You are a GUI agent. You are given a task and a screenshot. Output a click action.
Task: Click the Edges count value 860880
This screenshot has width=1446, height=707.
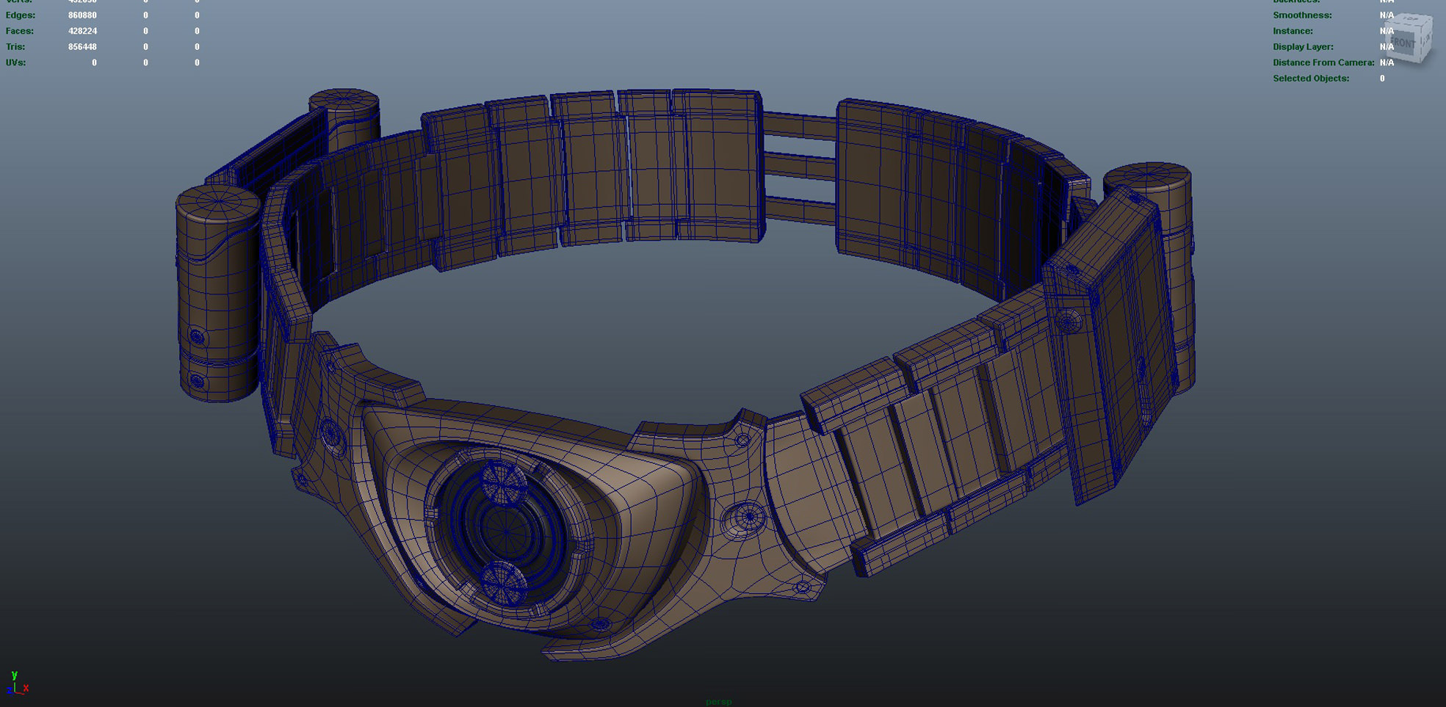(82, 15)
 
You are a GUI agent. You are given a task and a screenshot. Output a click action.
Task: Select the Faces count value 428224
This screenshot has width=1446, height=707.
(82, 31)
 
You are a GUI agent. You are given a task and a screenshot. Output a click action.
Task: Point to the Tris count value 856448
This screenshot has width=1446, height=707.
(82, 47)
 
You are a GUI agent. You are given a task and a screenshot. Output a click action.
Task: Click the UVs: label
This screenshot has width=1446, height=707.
(15, 62)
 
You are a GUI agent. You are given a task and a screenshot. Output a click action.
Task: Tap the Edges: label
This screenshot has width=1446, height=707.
(20, 15)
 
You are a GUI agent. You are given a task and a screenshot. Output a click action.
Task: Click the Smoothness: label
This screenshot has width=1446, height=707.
(1302, 15)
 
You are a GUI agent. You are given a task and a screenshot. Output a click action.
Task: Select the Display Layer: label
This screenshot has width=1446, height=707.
(1303, 47)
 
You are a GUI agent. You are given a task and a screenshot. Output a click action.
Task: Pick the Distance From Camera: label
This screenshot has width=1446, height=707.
(1323, 62)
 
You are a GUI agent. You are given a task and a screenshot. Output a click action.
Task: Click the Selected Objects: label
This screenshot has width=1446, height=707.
(1311, 79)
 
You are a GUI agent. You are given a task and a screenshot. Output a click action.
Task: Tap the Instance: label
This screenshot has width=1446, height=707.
(1293, 31)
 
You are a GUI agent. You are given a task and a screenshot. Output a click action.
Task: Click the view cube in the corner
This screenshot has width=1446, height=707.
(1409, 40)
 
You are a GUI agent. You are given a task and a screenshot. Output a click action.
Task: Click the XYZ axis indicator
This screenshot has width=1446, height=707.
(16, 684)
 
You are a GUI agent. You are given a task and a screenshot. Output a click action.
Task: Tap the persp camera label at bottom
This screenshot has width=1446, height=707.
(718, 702)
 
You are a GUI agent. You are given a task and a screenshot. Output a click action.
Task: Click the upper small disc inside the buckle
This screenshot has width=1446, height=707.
(503, 482)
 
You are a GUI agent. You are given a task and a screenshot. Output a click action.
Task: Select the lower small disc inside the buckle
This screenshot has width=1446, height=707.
(503, 584)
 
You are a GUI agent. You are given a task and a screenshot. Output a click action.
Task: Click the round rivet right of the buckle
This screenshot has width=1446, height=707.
(748, 517)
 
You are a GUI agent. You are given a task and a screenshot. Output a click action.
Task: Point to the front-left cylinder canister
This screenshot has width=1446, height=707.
(216, 294)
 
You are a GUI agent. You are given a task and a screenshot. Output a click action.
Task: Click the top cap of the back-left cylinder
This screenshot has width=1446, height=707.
(344, 101)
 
